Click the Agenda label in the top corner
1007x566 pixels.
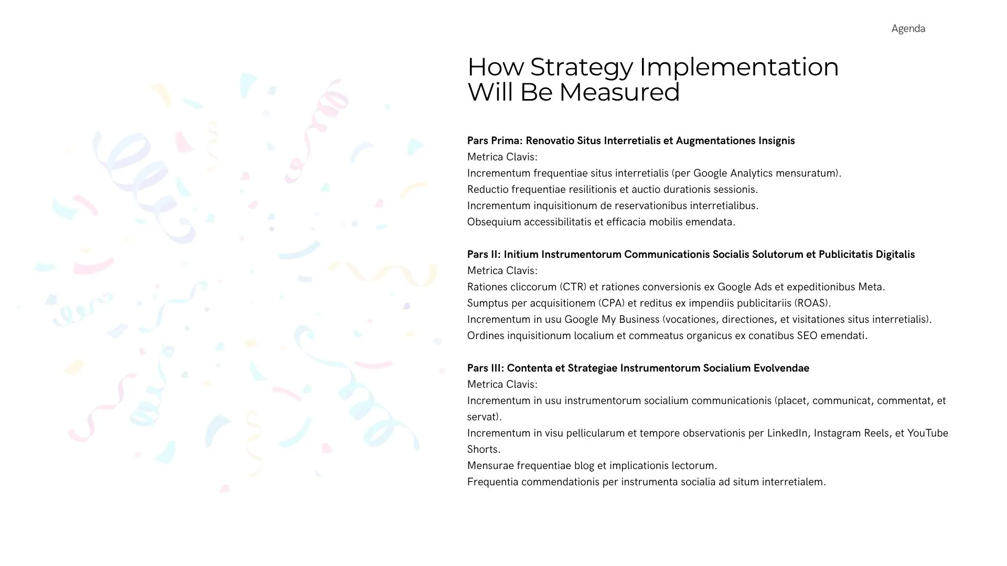[908, 29]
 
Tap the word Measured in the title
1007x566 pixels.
[619, 92]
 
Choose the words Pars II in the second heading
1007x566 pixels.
[484, 254]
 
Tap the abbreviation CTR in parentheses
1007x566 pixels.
[573, 287]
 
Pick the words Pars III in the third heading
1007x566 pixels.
[485, 368]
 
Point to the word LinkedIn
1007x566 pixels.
[787, 433]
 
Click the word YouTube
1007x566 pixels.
[928, 433]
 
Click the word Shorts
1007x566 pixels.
[484, 450]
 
